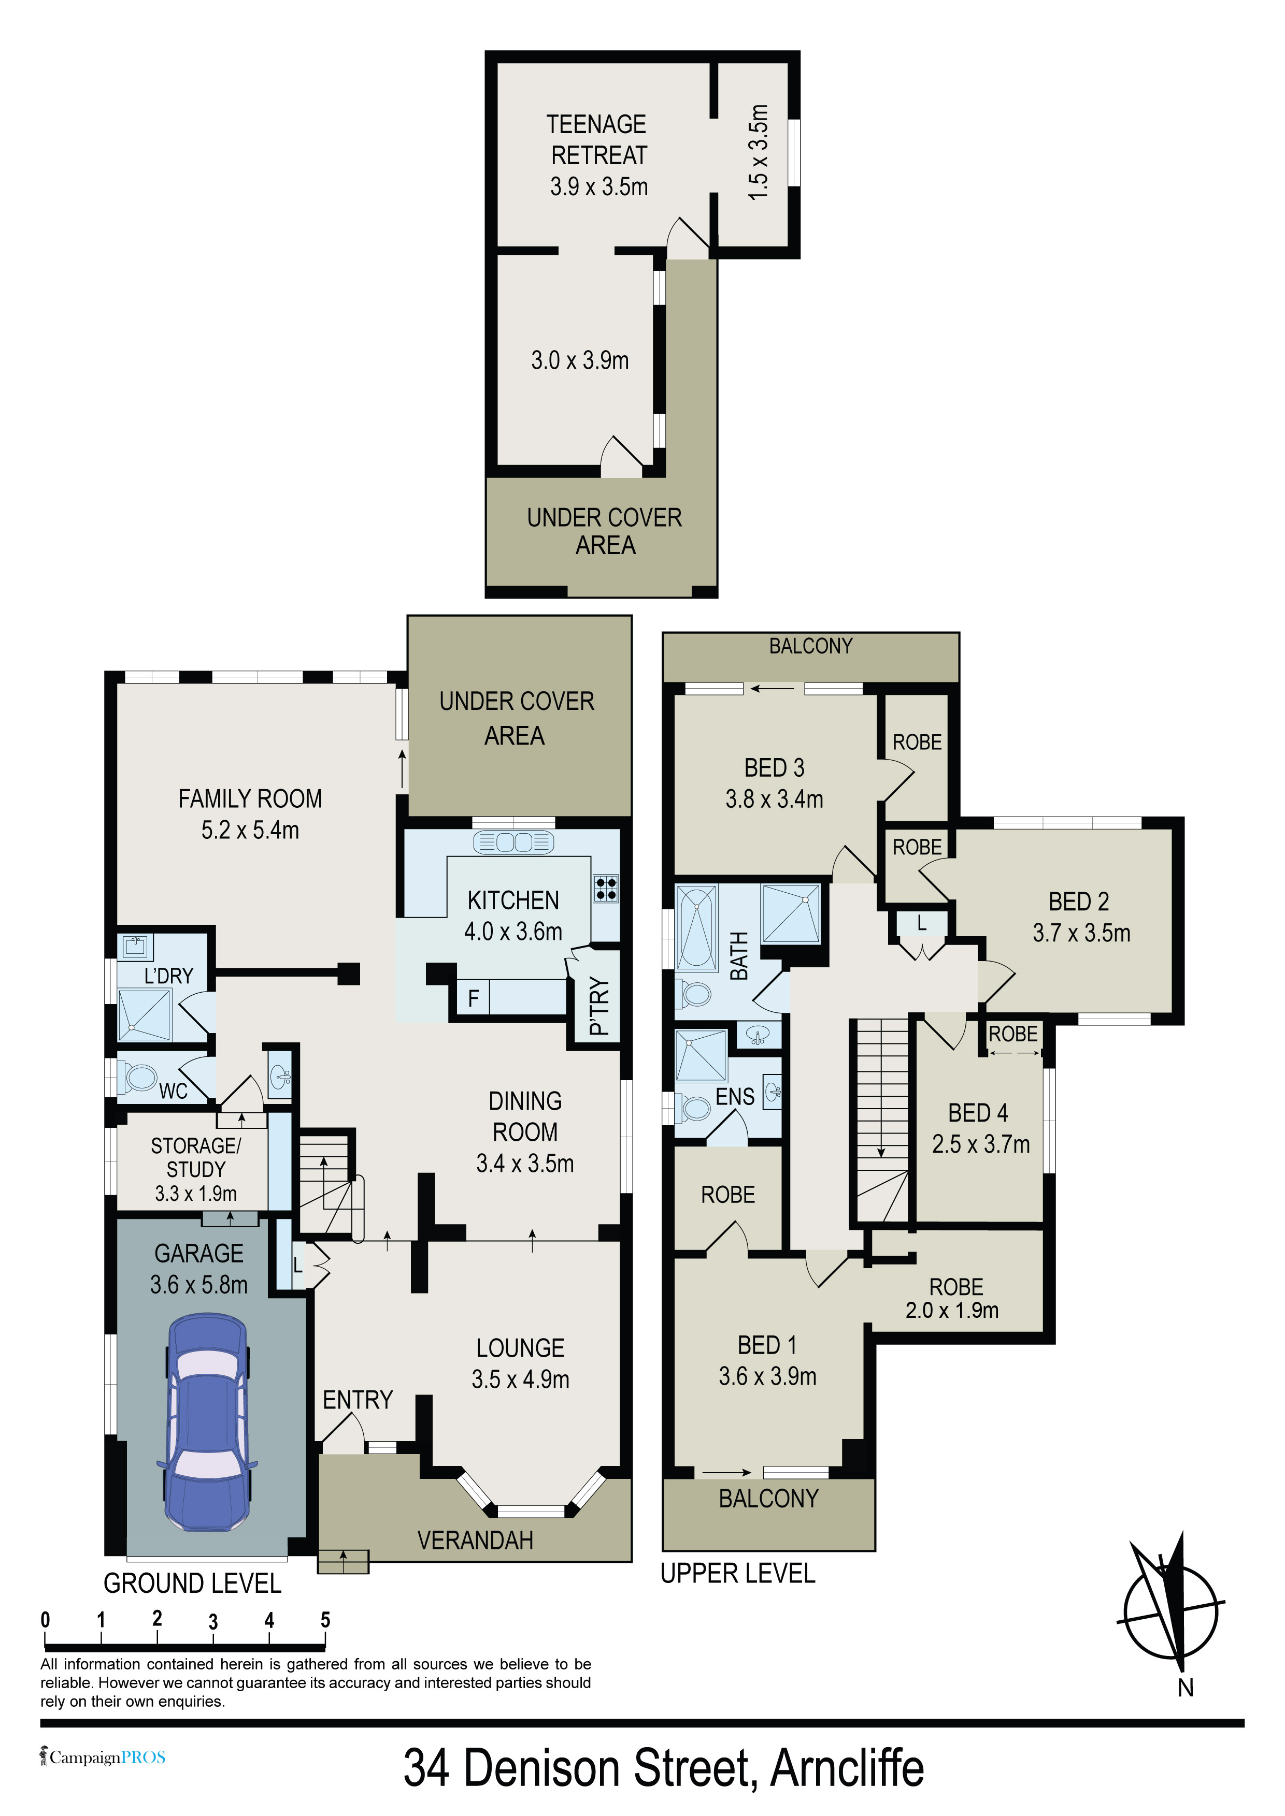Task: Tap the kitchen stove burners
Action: [606, 889]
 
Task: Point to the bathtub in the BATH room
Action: [697, 928]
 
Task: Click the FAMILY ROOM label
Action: [250, 799]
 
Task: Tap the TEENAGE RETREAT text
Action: [597, 139]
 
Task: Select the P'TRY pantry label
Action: [600, 1006]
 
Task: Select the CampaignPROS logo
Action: [103, 1757]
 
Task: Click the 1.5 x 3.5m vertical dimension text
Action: [758, 152]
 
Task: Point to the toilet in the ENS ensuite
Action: [695, 1107]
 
